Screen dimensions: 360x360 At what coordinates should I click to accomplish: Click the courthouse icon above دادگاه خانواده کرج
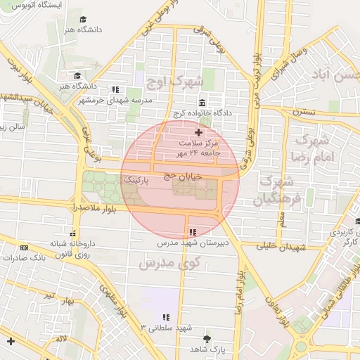[202, 103]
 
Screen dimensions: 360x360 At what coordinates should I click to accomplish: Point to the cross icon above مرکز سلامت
[198, 131]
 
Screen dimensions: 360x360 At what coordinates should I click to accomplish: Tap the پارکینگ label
[136, 181]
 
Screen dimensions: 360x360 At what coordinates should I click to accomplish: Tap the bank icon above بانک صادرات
[25, 247]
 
